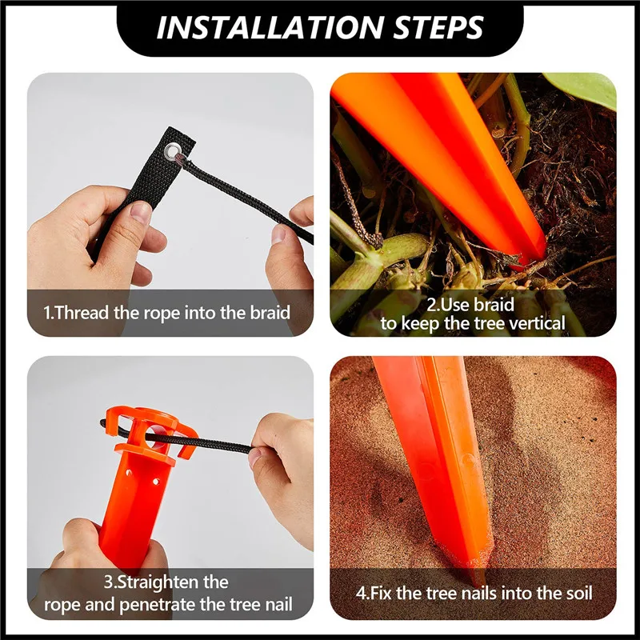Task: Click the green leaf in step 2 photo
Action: pyautogui.click(x=588, y=88)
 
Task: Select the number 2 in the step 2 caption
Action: pyautogui.click(x=431, y=304)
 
